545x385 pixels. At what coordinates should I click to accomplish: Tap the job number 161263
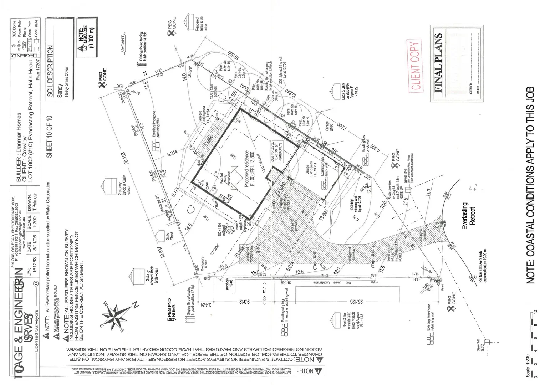pos(35,262)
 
